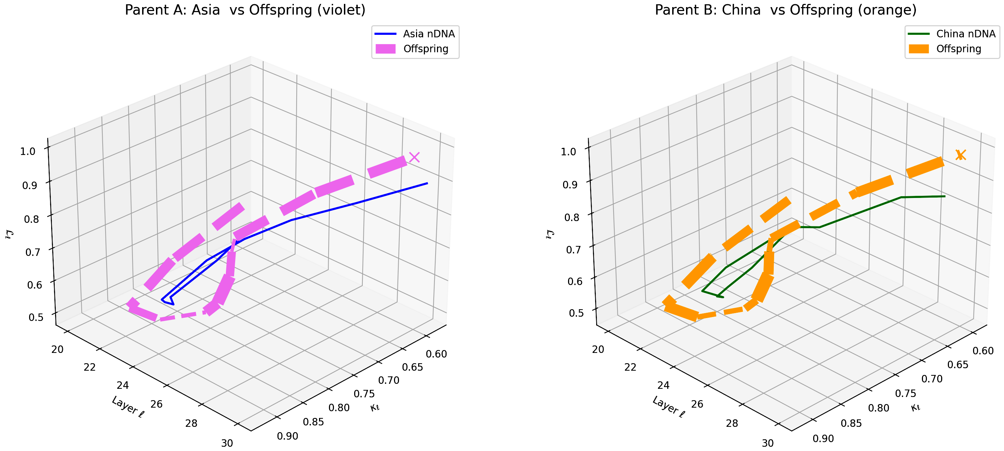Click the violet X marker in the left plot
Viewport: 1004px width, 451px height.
pyautogui.click(x=414, y=157)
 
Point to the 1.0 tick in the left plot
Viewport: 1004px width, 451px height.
pyautogui.click(x=28, y=151)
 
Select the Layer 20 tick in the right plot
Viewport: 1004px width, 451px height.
pyautogui.click(x=598, y=349)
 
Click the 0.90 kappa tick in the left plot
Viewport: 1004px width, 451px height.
pyautogui.click(x=288, y=436)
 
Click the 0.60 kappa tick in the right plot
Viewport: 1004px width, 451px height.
pyautogui.click(x=983, y=351)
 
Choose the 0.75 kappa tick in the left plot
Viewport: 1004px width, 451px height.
pyautogui.click(x=364, y=394)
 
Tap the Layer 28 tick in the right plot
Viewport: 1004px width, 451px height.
pyautogui.click(x=732, y=423)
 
